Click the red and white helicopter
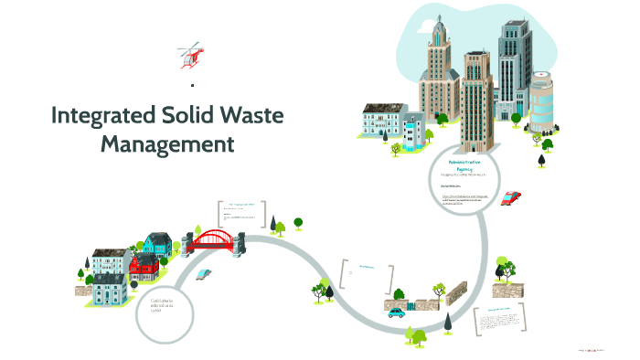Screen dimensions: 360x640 [190, 54]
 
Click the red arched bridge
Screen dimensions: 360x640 [216, 239]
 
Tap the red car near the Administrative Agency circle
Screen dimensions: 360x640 [512, 197]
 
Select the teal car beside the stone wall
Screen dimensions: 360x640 [396, 312]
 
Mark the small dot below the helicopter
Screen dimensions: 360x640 [192, 85]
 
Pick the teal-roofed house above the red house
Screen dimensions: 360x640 [157, 243]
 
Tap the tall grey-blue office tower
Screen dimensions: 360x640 [514, 69]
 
